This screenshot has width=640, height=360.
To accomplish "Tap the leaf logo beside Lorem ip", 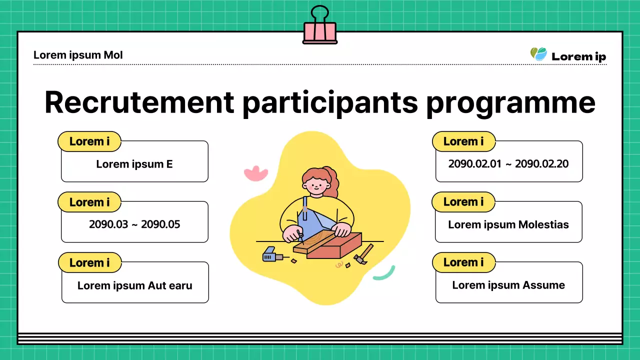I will [538, 54].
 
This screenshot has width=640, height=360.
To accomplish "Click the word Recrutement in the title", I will [139, 102].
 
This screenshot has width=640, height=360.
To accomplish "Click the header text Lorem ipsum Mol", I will [78, 55].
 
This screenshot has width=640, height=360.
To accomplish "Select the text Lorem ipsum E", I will [134, 164].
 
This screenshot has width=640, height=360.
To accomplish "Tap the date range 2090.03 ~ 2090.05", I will [134, 224].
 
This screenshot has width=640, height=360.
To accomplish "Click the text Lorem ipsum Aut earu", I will [135, 285].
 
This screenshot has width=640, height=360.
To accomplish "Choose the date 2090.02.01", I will [474, 163].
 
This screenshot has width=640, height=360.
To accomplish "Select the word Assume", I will [543, 285].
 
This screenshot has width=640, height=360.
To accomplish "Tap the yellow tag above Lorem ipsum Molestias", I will [463, 202].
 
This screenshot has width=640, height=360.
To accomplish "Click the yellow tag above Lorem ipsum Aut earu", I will [89, 263].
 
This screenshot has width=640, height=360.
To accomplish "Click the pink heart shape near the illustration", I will [255, 173].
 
